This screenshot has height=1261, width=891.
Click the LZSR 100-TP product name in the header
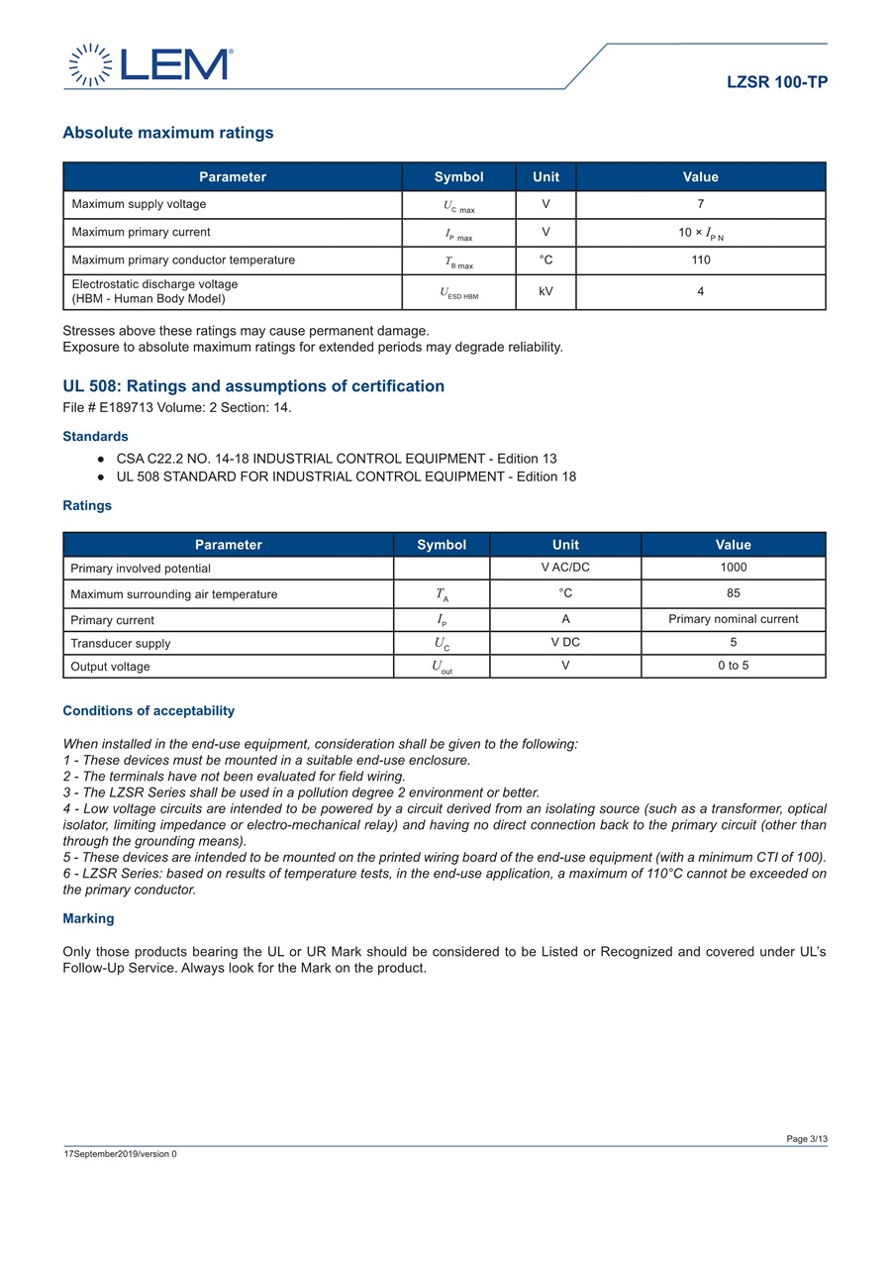[777, 82]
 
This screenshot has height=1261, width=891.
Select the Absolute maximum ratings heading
[168, 133]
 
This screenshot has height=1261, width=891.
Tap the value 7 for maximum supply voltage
[700, 204]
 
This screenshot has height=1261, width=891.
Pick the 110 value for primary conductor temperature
[700, 260]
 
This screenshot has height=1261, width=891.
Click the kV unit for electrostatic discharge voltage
[545, 292]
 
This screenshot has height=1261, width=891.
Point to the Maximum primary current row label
[141, 232]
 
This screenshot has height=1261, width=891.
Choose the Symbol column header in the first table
[458, 177]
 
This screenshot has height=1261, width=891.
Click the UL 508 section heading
[253, 386]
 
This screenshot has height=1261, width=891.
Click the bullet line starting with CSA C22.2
[337, 459]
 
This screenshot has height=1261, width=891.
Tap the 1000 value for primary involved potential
[733, 568]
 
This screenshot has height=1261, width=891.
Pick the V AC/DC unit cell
[565, 568]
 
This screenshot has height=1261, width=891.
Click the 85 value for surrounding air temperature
[733, 593]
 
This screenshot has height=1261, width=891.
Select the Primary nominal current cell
[733, 619]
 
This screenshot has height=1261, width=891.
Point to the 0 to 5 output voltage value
[733, 666]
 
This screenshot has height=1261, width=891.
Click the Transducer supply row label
[120, 643]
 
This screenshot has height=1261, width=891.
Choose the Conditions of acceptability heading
[148, 711]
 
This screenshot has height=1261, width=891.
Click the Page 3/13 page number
[807, 1139]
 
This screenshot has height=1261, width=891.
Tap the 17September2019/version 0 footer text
[120, 1154]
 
